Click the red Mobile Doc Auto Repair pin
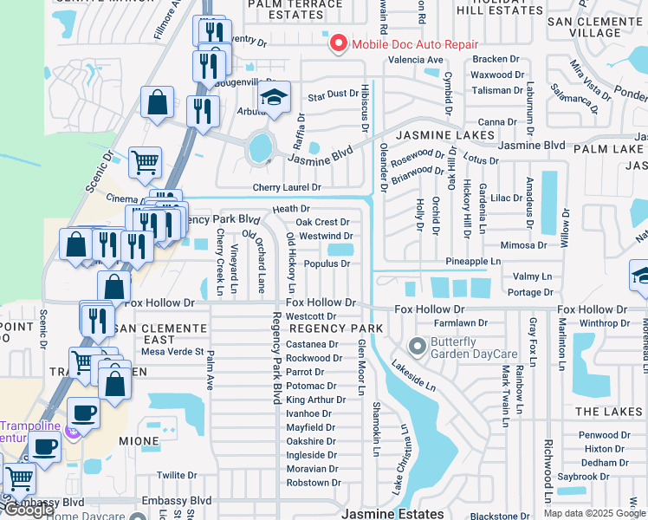336,42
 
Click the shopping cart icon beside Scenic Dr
145,161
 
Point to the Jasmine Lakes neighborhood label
445,135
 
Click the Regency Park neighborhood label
335,329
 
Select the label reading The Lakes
608,412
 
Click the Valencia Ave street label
415,61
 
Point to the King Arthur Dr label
317,400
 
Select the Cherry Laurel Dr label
287,187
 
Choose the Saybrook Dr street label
602,477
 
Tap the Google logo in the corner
29,510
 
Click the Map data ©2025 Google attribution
593,513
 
